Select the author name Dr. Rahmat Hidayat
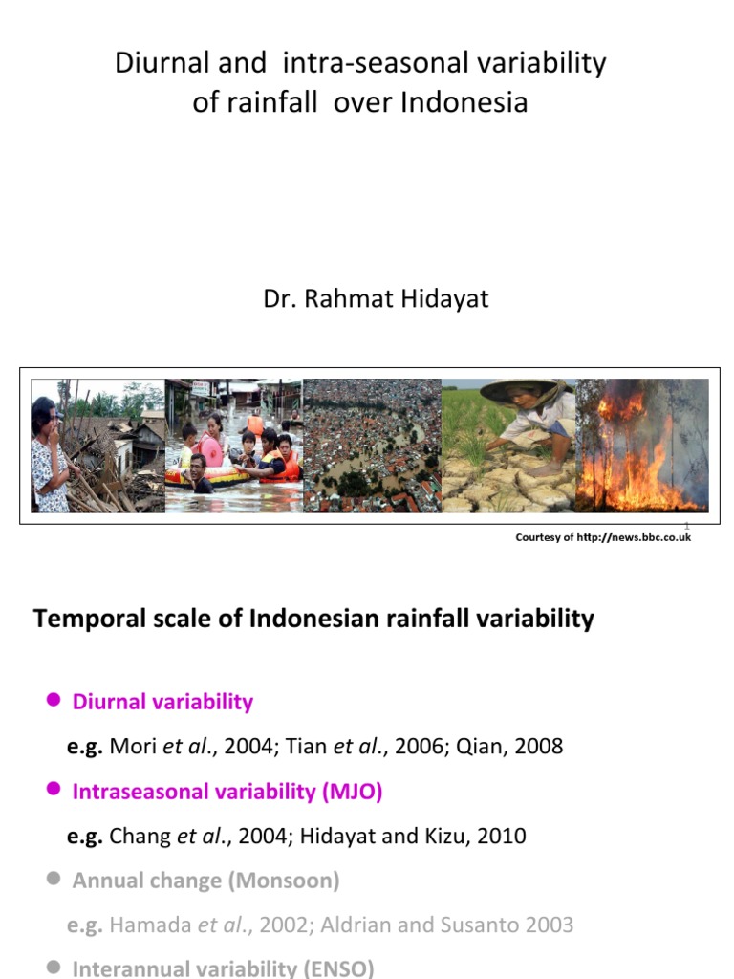click(376, 299)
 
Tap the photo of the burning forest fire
click(642, 445)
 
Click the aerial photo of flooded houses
click(372, 445)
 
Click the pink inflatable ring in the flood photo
click(211, 449)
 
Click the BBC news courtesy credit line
click(602, 537)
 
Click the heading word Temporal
click(83, 619)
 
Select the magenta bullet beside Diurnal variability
click(54, 701)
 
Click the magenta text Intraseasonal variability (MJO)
click(227, 791)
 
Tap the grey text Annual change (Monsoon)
click(205, 880)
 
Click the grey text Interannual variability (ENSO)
click(223, 968)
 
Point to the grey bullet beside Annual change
click(54, 880)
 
